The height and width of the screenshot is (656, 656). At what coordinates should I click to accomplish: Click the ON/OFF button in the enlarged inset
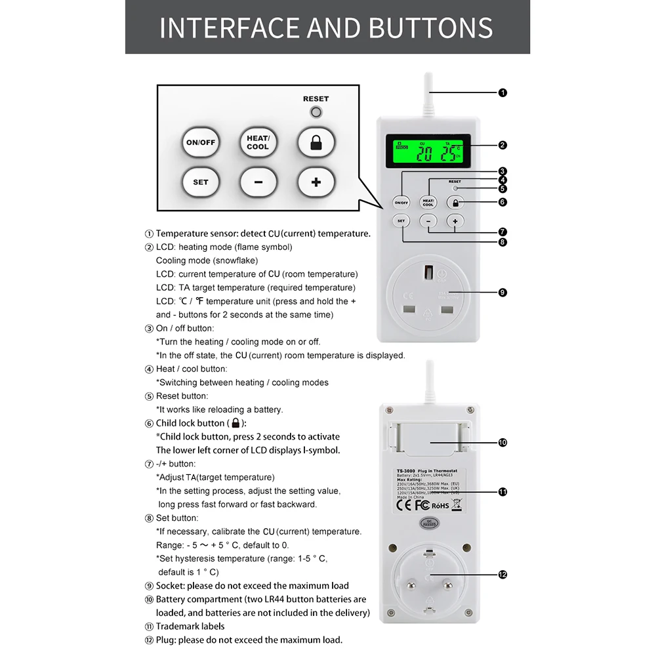pyautogui.click(x=200, y=142)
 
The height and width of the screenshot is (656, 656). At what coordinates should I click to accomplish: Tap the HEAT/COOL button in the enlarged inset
pyautogui.click(x=258, y=142)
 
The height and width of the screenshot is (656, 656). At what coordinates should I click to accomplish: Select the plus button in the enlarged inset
pyautogui.click(x=316, y=182)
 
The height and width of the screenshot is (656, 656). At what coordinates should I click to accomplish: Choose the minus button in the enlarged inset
pyautogui.click(x=258, y=182)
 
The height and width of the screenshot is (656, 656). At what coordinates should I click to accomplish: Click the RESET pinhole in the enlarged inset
pyautogui.click(x=316, y=112)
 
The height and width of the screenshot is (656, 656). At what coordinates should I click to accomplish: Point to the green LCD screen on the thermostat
pyautogui.click(x=424, y=154)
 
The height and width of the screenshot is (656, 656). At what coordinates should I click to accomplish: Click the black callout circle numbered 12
pyautogui.click(x=502, y=575)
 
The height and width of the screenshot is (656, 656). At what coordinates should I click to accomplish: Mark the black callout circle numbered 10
pyautogui.click(x=502, y=442)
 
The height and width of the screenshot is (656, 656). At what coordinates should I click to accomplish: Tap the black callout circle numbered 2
pyautogui.click(x=502, y=145)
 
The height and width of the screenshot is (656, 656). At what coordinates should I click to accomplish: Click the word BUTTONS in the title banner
pyautogui.click(x=430, y=28)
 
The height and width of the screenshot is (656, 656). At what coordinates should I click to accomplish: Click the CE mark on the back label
pyautogui.click(x=405, y=505)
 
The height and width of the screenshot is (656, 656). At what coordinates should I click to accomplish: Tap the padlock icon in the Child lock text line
pyautogui.click(x=236, y=424)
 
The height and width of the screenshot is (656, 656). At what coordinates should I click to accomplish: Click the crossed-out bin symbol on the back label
pyautogui.click(x=457, y=504)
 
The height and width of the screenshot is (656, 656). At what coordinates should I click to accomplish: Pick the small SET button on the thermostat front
pyautogui.click(x=401, y=221)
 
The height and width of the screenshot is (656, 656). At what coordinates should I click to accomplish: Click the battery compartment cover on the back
pyautogui.click(x=430, y=440)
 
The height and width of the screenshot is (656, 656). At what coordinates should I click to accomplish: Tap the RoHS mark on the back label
pyautogui.click(x=440, y=505)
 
